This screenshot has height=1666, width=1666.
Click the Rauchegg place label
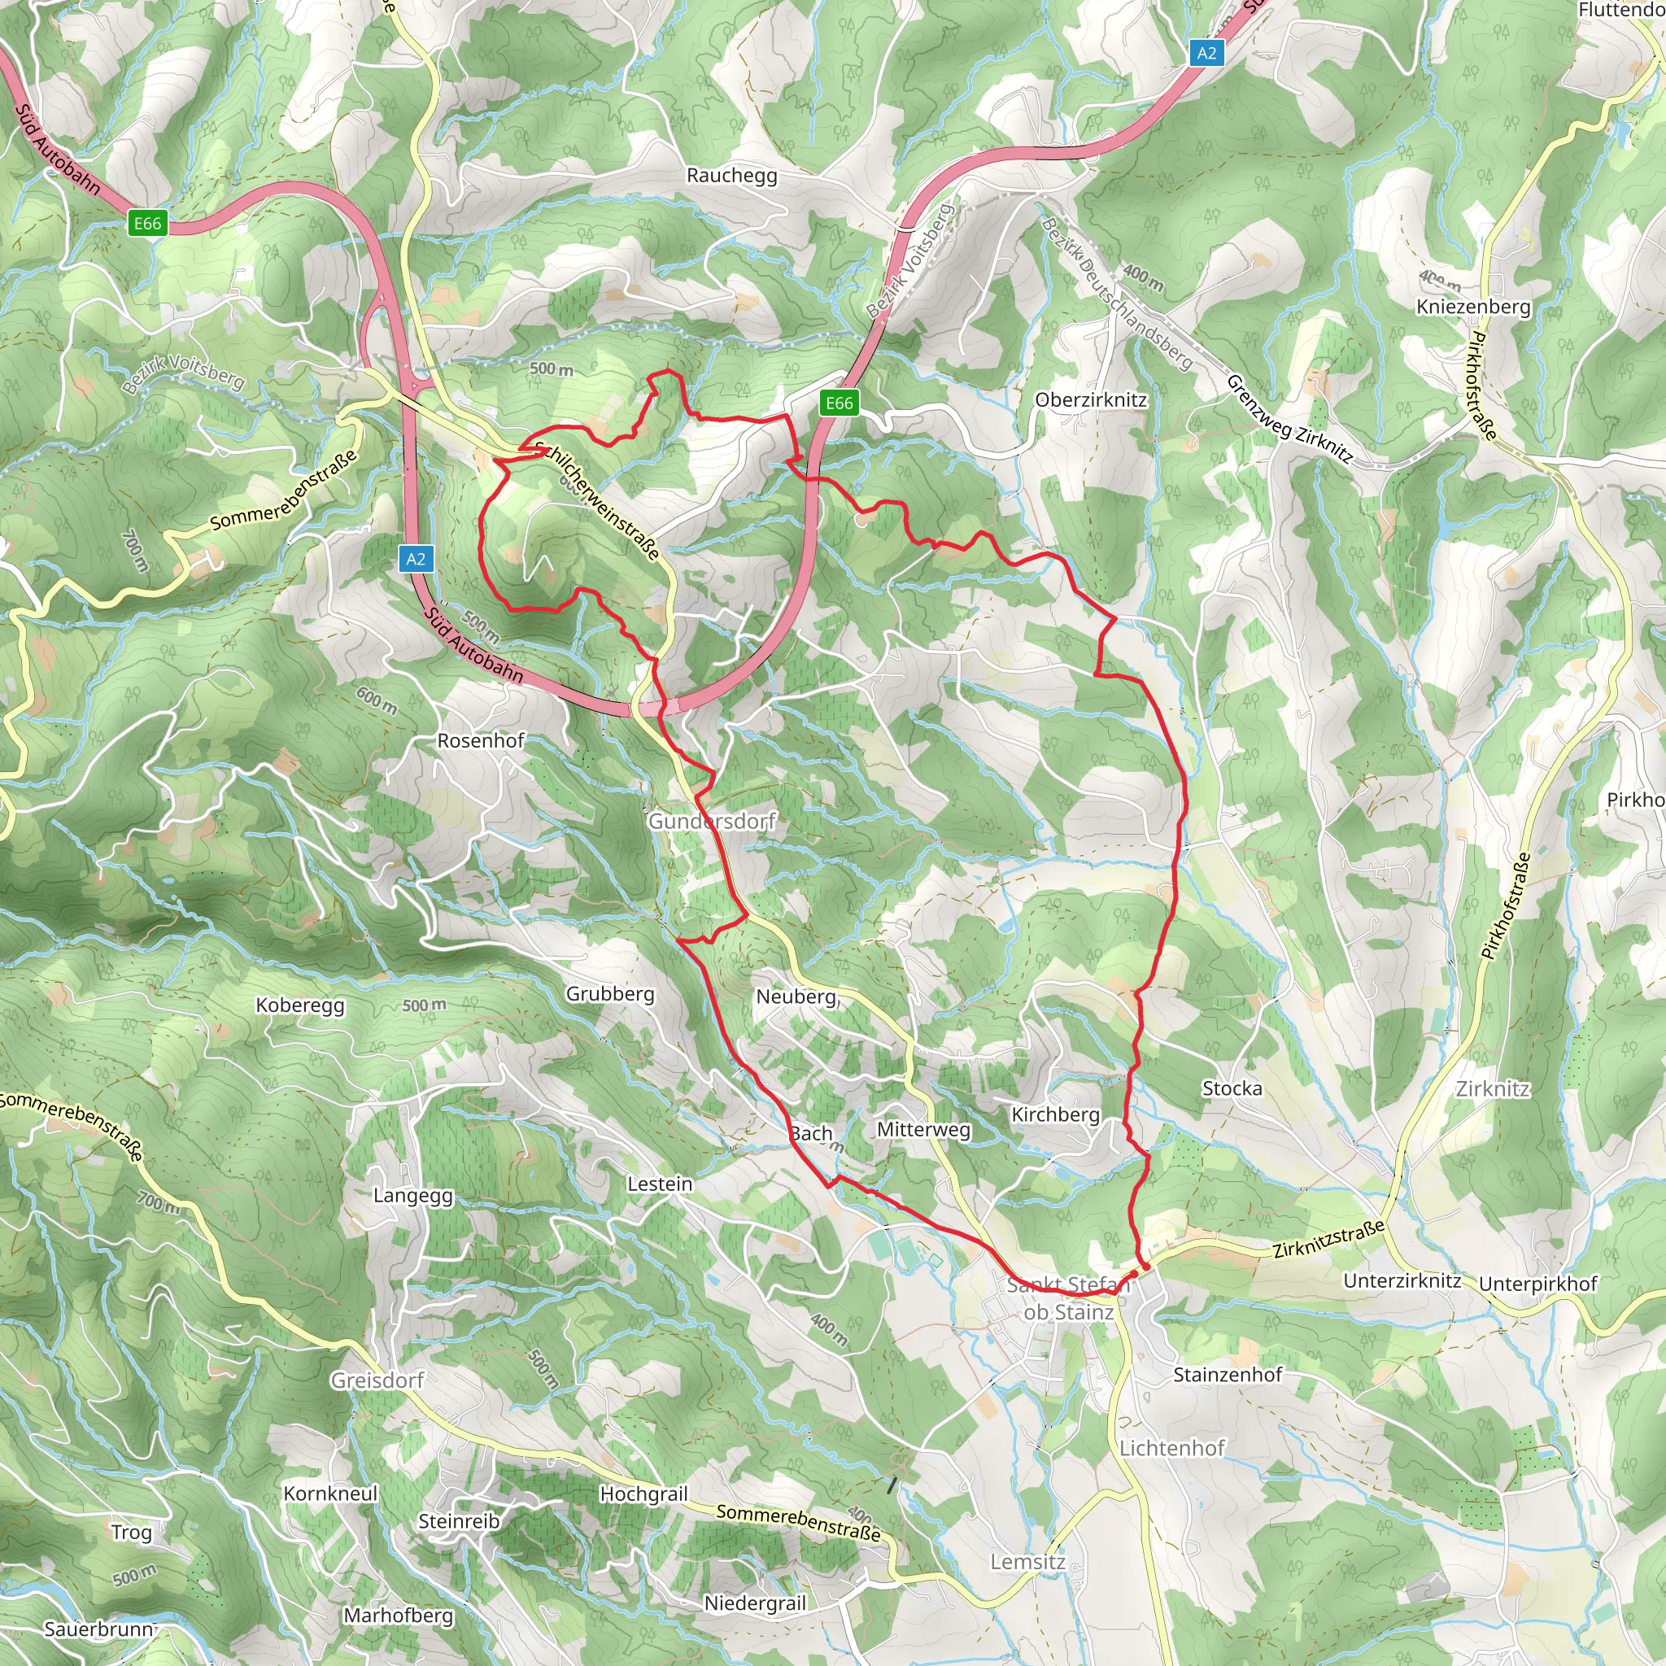pyautogui.click(x=731, y=175)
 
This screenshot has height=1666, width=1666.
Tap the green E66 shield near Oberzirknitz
pyautogui.click(x=839, y=403)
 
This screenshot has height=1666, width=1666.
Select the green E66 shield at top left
pyautogui.click(x=147, y=224)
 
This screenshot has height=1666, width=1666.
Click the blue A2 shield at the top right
pyautogui.click(x=1206, y=53)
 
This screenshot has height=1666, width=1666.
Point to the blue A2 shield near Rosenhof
pyautogui.click(x=416, y=559)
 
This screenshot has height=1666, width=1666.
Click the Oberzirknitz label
pyautogui.click(x=1091, y=400)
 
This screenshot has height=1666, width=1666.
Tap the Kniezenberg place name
pyautogui.click(x=1474, y=307)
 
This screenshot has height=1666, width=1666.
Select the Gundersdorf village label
pyautogui.click(x=712, y=821)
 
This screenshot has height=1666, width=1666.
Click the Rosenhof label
pyautogui.click(x=480, y=741)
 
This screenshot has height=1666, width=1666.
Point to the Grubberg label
pyautogui.click(x=609, y=993)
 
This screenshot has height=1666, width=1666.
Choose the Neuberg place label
pyautogui.click(x=796, y=997)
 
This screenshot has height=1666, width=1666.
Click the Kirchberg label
pyautogui.click(x=1055, y=1114)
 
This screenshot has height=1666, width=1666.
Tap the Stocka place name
pyautogui.click(x=1232, y=1088)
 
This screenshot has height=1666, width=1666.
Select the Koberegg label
pyautogui.click(x=300, y=1005)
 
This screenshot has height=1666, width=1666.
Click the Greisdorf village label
pyautogui.click(x=377, y=1380)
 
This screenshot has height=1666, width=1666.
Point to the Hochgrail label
pyautogui.click(x=643, y=1494)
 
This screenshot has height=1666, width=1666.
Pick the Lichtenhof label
pyautogui.click(x=1172, y=1448)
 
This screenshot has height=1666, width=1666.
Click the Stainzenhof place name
pyautogui.click(x=1227, y=1375)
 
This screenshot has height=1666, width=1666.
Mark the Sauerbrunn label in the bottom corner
pyautogui.click(x=99, y=1629)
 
